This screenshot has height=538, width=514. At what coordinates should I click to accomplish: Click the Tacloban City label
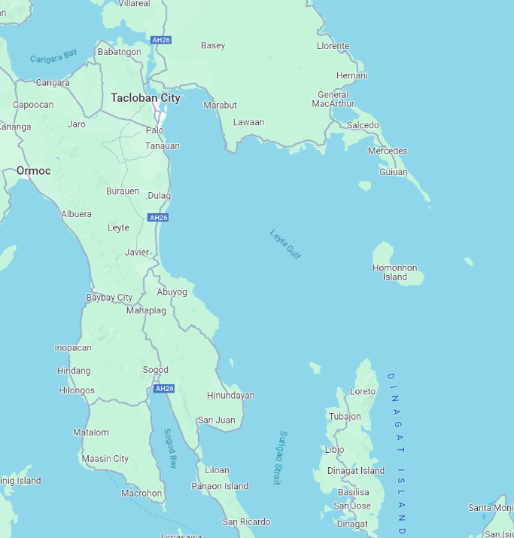(145, 98)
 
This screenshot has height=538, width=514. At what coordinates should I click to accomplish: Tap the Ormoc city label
(34, 171)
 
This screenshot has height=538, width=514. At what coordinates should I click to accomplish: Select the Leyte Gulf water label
(285, 244)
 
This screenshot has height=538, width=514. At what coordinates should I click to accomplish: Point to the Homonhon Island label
(394, 272)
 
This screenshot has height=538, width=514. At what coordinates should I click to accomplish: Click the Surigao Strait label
(279, 457)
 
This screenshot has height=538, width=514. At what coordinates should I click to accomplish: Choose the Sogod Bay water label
(170, 449)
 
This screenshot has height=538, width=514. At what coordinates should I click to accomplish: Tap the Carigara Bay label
(53, 56)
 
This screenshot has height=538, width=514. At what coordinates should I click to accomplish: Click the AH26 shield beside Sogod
(163, 389)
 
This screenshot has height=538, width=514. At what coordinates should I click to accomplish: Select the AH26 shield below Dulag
(158, 218)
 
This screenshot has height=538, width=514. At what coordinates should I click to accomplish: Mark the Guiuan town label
(393, 172)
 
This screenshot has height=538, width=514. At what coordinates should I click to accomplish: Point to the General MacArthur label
(333, 99)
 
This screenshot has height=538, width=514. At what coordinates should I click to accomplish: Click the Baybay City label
(109, 298)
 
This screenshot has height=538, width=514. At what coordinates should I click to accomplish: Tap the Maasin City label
(105, 458)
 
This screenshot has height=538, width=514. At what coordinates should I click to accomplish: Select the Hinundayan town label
(230, 396)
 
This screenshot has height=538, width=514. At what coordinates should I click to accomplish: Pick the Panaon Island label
(220, 486)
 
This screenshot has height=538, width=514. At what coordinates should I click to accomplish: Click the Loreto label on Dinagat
(363, 392)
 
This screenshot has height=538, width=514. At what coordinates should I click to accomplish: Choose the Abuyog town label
(172, 292)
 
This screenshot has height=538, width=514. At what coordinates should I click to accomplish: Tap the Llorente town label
(333, 46)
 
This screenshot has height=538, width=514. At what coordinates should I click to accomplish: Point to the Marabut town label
(220, 105)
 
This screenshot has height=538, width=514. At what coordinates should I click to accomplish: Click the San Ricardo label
(246, 521)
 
